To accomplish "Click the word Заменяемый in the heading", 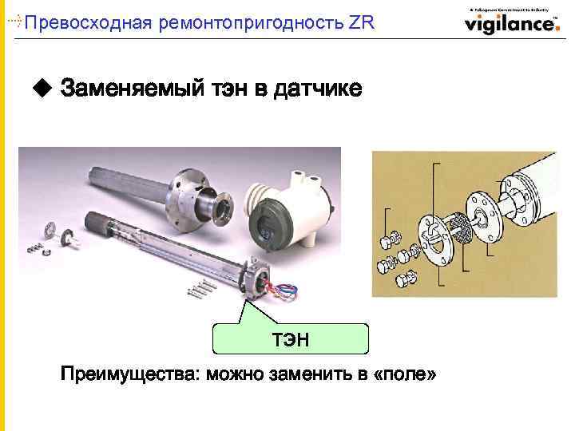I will [129, 87].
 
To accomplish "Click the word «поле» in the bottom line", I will [404, 374].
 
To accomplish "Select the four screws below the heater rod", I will [203, 289].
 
